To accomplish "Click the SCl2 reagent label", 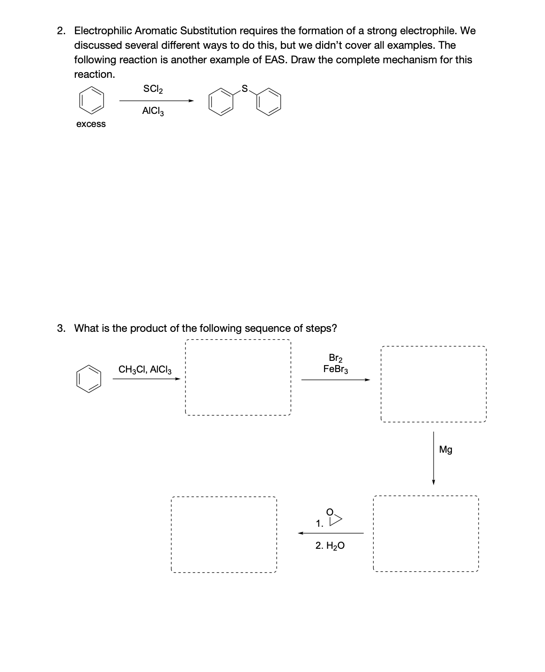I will coord(153,89).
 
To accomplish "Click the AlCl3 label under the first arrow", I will coord(153,112).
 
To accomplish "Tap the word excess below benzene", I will coord(91,124).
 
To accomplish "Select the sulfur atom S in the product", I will coord(244,88).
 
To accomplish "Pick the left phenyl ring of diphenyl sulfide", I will coord(221,103).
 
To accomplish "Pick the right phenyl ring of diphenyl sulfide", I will coord(269,103).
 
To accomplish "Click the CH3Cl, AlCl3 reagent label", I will coord(145,370).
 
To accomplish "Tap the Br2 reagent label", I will coord(336,358).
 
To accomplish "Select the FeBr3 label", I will coord(336,369).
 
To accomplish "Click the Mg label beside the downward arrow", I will coord(446,450).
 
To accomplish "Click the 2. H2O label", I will coord(330,546).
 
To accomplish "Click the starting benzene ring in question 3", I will coord(88,379).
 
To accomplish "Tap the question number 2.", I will coord(61,31).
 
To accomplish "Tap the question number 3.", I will coord(61,328).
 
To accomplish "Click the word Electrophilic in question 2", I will coord(103,31).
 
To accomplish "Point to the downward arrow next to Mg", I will coord(434,459).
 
